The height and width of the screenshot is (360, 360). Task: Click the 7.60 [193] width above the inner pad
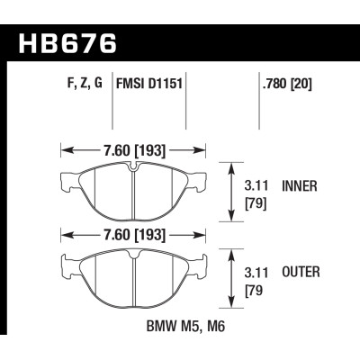point(133,150)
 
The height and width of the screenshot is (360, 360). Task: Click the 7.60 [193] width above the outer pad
point(133,237)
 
